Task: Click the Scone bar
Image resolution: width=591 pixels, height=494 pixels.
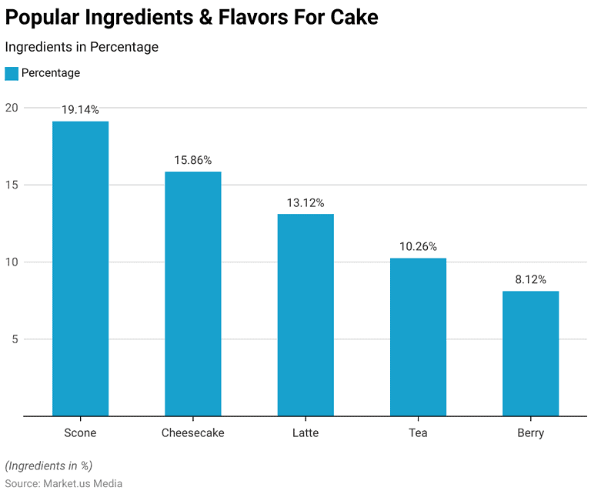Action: [80, 269]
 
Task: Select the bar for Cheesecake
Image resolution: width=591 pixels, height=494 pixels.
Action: [193, 294]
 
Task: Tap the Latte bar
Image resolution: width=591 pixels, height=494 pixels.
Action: [306, 315]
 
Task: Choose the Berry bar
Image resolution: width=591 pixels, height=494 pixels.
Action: [531, 353]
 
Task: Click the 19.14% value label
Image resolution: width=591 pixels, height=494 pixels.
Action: [80, 110]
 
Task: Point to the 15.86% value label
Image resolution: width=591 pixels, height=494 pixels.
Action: [193, 160]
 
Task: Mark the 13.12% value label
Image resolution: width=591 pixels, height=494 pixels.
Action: [306, 202]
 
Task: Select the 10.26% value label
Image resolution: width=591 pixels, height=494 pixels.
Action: [418, 247]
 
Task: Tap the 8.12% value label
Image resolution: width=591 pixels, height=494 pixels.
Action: [531, 280]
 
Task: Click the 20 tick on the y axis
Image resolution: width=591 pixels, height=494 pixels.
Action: [10, 108]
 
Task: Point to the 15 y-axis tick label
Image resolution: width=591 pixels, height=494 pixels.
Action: [10, 185]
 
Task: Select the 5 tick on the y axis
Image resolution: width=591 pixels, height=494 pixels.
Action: [13, 339]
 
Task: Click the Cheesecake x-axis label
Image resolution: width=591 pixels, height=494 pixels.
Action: [193, 433]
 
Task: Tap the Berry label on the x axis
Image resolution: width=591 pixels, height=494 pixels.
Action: [531, 433]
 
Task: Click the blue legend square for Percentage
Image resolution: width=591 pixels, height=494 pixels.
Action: [12, 73]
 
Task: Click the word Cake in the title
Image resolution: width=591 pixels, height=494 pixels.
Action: [353, 17]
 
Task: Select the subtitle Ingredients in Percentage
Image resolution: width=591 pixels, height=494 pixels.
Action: [82, 47]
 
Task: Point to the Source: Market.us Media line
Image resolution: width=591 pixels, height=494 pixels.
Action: [64, 482]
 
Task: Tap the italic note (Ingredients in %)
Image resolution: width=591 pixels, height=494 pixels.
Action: [48, 466]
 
